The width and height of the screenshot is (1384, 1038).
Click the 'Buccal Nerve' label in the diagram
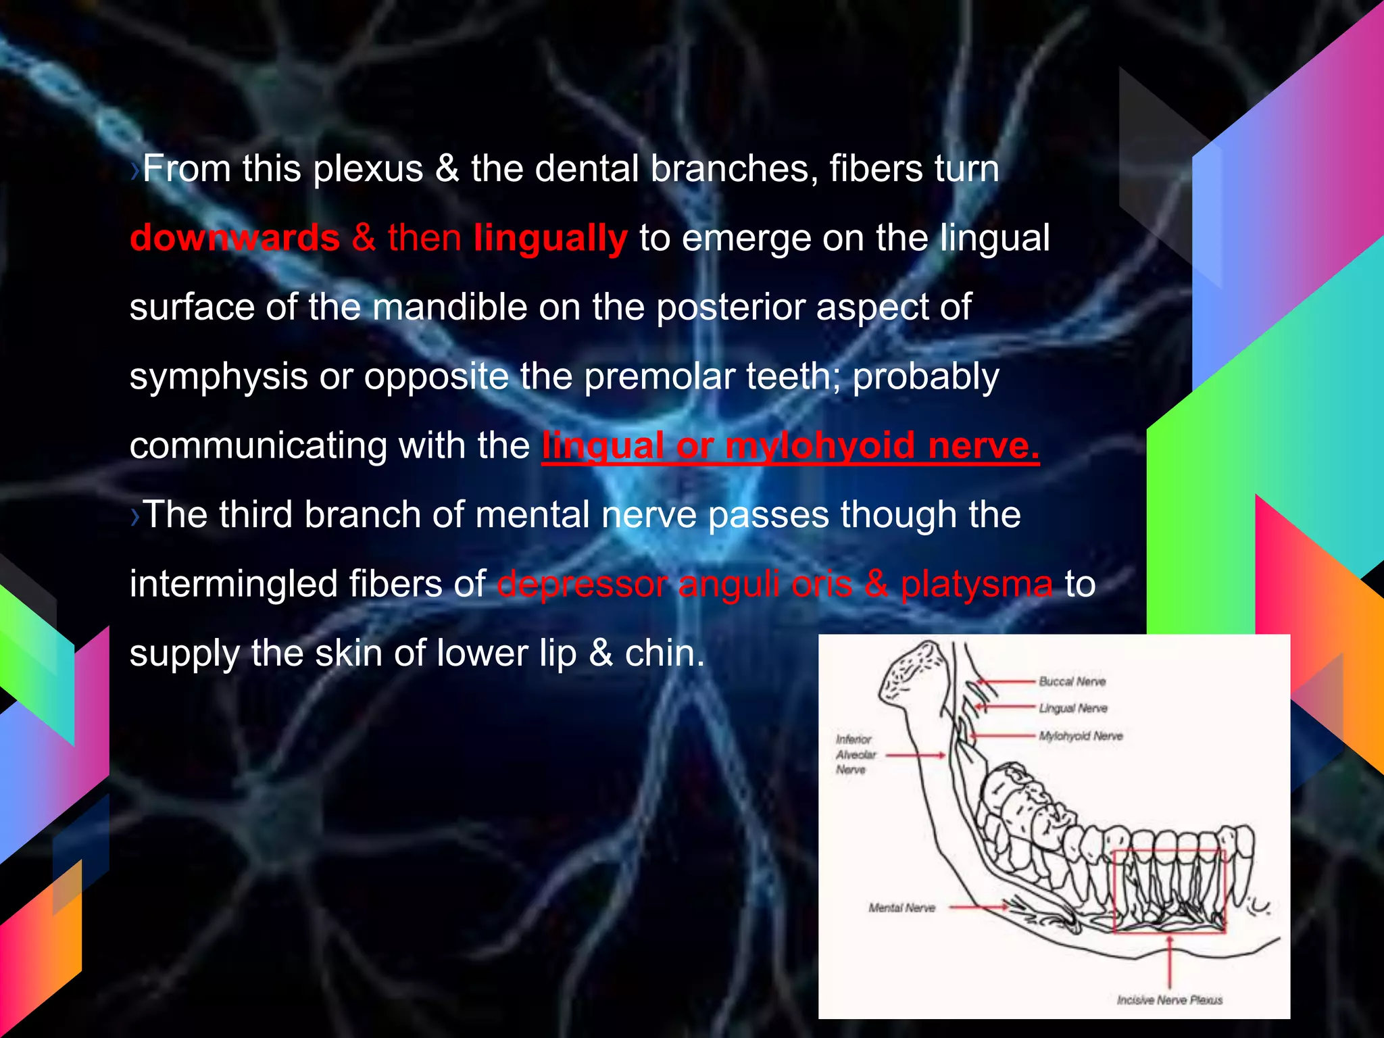[1072, 681]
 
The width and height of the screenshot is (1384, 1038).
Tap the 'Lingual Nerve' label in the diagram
[1073, 708]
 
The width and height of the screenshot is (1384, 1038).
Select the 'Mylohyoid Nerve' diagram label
[1081, 736]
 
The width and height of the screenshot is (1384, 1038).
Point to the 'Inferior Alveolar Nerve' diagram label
[856, 754]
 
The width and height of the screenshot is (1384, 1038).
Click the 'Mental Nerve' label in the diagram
[901, 908]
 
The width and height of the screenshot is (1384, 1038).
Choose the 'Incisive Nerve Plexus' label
[1169, 999]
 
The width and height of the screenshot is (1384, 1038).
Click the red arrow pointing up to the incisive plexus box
[1170, 960]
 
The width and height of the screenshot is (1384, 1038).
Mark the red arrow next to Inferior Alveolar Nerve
[916, 755]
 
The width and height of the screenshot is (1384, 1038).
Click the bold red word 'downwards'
[234, 238]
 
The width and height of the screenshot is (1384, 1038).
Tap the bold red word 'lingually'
[550, 238]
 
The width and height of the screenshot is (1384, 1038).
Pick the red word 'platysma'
[977, 584]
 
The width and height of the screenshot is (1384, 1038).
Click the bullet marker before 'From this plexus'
[135, 170]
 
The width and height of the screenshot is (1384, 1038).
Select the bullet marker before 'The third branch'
[135, 516]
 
